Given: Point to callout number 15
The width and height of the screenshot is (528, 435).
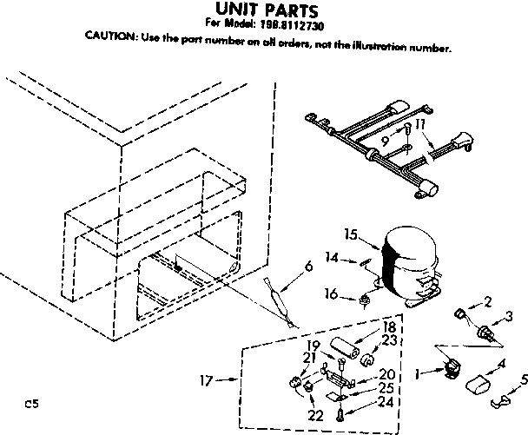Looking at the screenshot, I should point(351,233).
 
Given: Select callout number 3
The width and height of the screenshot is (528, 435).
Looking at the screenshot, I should point(511,316).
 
